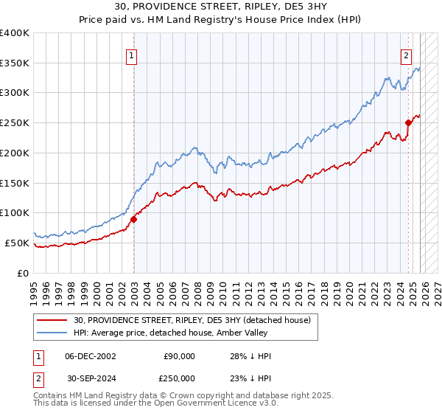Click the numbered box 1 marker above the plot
click(130, 55)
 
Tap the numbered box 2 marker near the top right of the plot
click(406, 55)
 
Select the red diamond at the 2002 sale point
click(134, 219)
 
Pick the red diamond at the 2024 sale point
click(407, 123)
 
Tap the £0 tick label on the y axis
click(22, 273)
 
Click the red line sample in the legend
click(52, 320)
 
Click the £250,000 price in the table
click(179, 378)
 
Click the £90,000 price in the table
click(179, 356)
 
